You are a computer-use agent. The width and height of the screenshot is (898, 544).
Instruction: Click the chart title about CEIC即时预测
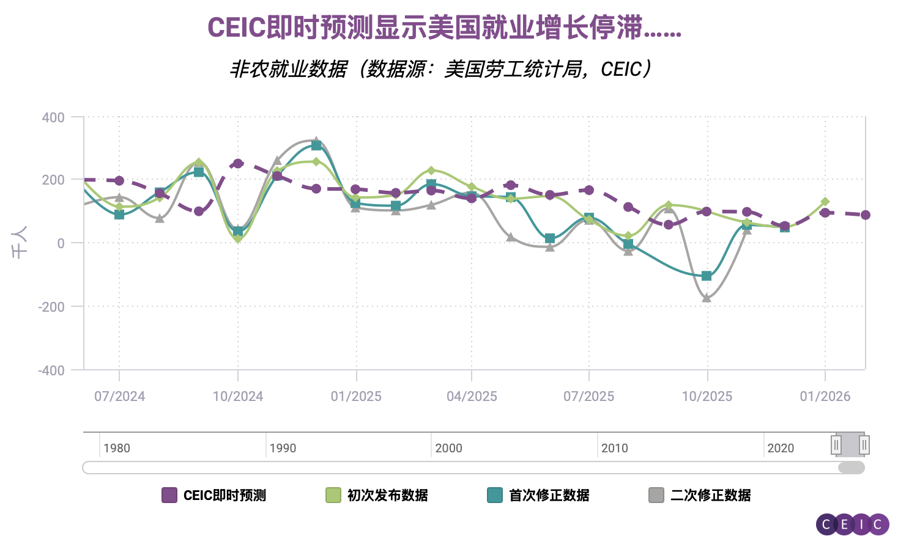444,28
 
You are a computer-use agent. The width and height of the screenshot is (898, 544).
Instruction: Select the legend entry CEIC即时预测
214,495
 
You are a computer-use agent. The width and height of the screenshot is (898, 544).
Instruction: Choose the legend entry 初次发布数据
377,495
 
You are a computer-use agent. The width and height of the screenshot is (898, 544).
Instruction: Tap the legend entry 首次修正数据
539,495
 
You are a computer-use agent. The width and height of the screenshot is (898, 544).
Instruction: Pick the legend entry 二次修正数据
700,495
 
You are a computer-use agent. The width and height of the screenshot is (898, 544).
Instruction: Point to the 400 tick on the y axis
53,117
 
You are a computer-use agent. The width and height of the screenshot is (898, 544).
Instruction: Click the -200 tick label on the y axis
51,307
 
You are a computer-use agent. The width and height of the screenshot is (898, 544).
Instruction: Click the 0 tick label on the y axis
61,243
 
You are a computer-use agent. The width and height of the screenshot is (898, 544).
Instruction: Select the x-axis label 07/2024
119,396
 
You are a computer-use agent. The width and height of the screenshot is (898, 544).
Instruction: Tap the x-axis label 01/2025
356,396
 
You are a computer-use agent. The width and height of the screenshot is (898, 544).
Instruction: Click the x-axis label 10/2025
707,396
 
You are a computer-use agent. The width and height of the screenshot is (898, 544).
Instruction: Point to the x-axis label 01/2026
825,396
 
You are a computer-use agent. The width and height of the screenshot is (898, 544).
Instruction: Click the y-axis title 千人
20,243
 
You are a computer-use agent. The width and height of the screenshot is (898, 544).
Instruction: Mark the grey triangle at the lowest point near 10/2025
707,298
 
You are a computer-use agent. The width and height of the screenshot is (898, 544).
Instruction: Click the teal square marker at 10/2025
707,276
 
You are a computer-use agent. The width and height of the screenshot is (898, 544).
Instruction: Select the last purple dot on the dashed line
865,215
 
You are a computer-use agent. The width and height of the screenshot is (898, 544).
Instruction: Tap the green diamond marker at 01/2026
825,202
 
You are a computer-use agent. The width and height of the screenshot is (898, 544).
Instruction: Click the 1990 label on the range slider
283,448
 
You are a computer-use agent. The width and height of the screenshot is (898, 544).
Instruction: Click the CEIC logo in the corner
852,524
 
